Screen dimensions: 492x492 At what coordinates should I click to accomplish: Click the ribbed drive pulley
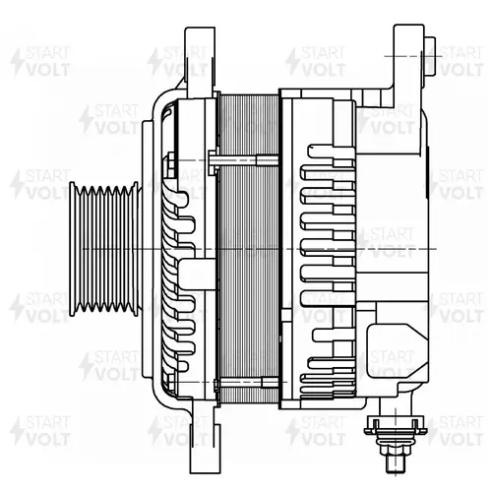coord(105,249)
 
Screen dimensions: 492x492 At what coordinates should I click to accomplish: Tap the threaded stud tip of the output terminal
coord(396,463)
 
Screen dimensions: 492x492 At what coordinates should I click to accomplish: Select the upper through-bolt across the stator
coord(243,160)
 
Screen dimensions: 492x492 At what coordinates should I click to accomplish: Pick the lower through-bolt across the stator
coord(246,382)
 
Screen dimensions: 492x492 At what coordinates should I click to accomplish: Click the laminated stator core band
coord(248,249)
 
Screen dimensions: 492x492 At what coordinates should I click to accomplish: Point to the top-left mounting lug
coord(200,62)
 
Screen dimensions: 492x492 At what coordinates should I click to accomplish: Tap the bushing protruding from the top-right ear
coord(430,56)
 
